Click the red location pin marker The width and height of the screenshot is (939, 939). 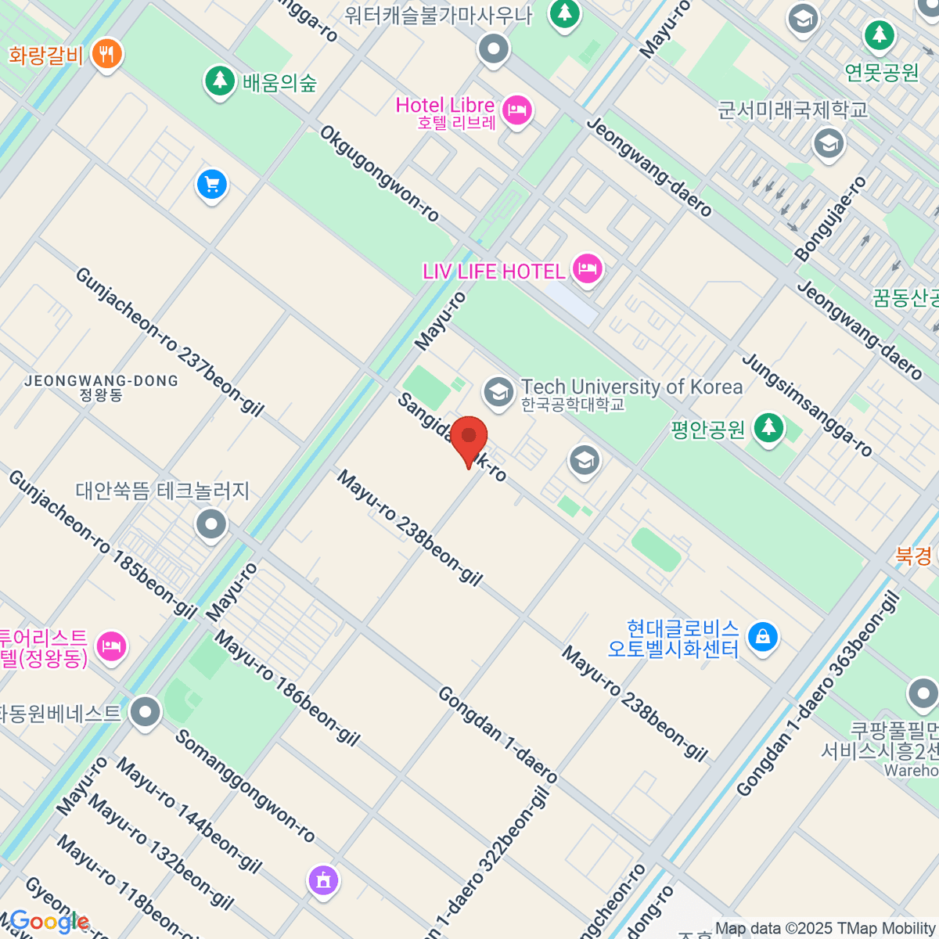(469, 437)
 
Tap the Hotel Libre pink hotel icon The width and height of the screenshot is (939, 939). (516, 110)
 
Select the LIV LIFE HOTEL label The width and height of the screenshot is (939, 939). (493, 272)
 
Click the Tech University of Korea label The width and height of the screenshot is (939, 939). (631, 387)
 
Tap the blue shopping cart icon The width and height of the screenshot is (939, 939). (211, 185)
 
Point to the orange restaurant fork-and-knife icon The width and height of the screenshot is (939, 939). (106, 53)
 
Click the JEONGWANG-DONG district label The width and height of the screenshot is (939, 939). (101, 382)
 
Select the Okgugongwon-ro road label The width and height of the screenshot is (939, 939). (380, 174)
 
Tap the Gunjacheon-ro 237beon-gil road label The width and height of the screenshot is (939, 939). (170, 341)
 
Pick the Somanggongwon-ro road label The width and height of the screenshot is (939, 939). (244, 786)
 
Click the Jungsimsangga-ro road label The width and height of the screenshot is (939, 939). (806, 405)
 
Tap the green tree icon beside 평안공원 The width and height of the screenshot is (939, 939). (768, 427)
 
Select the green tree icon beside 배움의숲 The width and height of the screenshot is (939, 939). (220, 81)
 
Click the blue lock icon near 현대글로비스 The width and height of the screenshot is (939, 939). (762, 636)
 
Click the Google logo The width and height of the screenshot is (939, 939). (49, 922)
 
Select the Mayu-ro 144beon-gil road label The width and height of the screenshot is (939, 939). (189, 815)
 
